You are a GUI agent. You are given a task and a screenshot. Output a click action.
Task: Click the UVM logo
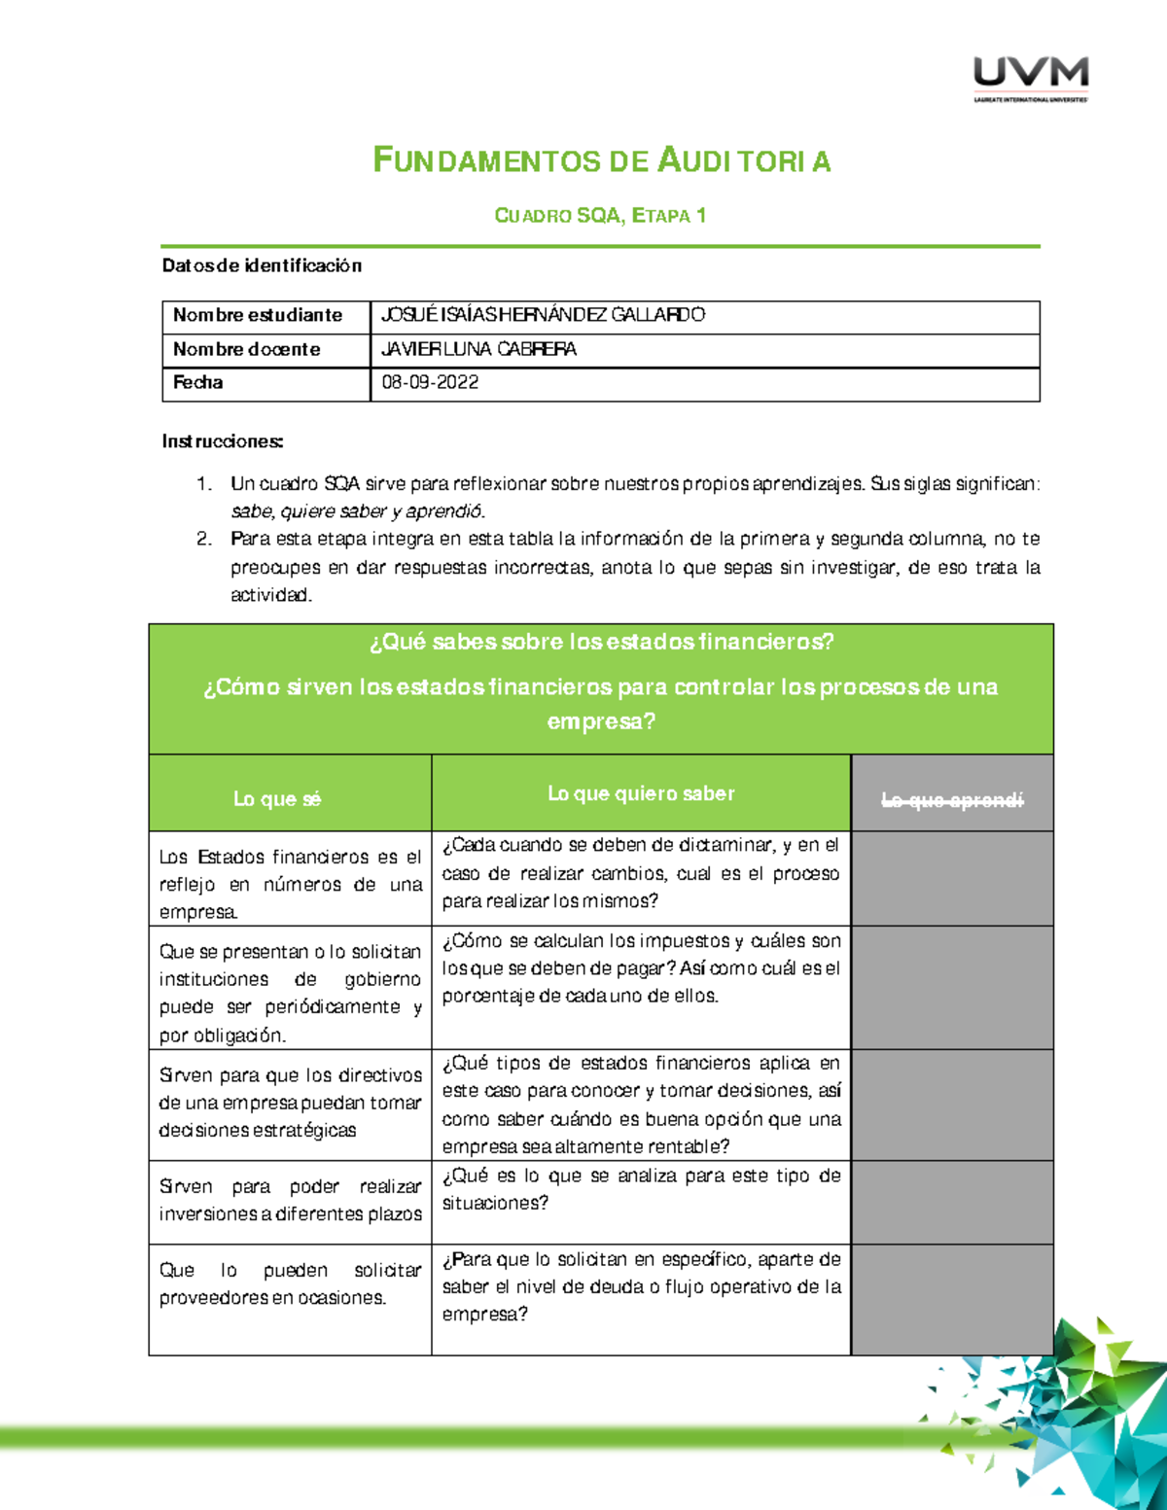[x=1031, y=79]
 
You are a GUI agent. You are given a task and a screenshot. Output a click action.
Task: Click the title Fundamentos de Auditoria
[x=602, y=160]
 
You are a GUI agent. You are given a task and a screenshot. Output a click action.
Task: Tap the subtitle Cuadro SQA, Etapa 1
[x=600, y=216]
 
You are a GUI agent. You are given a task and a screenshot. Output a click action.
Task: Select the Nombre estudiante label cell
[x=258, y=315]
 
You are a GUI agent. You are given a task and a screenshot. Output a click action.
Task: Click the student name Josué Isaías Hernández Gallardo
[x=543, y=315]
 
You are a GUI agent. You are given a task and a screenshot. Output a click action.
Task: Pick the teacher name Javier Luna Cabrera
[x=478, y=349]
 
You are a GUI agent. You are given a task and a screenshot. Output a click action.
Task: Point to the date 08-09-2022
[x=430, y=383]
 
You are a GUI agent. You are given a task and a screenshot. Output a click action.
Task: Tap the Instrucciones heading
[x=223, y=441]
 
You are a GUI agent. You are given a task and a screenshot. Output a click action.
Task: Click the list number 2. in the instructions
[x=204, y=539]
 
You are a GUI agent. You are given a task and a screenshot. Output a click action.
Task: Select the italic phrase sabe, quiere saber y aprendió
[x=357, y=511]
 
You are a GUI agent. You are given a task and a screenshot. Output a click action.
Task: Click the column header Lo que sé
[x=277, y=799]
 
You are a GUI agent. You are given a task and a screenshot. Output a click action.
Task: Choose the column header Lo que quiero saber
[x=641, y=793]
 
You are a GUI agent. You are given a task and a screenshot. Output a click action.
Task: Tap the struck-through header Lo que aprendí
[x=952, y=800]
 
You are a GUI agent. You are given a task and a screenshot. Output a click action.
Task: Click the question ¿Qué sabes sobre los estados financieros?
[x=601, y=642]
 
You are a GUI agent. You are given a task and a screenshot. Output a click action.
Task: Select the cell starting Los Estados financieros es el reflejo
[x=290, y=884]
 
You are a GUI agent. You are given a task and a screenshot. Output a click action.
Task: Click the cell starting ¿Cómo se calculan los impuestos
[x=641, y=968]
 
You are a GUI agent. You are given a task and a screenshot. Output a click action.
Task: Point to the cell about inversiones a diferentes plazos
[x=290, y=1200]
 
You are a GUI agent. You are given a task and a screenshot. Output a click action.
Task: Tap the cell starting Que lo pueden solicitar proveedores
[x=290, y=1283]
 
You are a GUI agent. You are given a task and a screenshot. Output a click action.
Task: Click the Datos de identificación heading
[x=262, y=265]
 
